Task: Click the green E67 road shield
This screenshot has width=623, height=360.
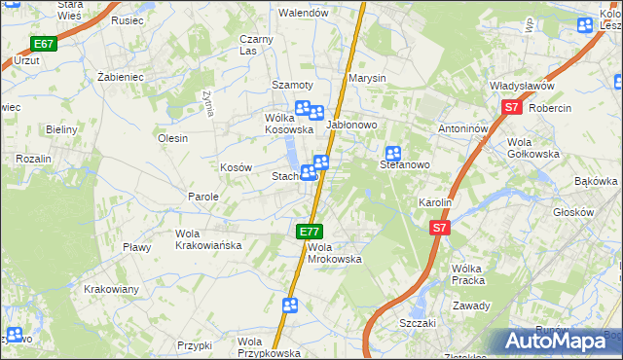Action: (x=43, y=44)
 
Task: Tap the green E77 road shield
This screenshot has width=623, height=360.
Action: (x=309, y=231)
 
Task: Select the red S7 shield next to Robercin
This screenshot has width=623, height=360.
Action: (x=512, y=109)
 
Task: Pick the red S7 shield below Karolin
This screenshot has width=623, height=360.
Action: (x=440, y=227)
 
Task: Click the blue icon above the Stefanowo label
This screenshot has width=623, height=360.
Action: (x=393, y=153)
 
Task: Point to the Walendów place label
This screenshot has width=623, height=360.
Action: (x=301, y=13)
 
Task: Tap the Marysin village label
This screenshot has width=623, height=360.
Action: (x=368, y=78)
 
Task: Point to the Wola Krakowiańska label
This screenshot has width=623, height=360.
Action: (x=207, y=239)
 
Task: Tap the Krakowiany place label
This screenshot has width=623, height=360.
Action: (x=111, y=289)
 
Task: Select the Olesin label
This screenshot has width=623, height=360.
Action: (x=172, y=138)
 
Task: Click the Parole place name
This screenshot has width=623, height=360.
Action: (x=203, y=197)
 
